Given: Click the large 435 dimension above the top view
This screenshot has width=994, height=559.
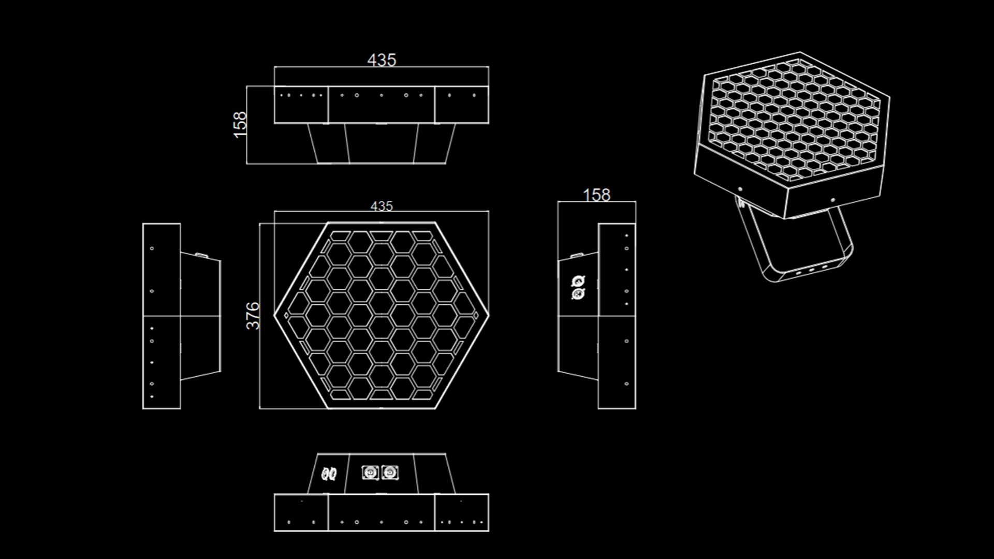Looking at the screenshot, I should point(382,60).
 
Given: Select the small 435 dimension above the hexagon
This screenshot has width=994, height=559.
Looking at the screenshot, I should point(382,206).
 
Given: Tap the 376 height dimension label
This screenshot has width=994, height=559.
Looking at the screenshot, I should point(253,316).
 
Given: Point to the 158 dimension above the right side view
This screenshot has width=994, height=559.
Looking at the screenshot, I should point(596,195).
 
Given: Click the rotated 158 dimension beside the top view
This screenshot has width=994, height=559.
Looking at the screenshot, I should point(240,125).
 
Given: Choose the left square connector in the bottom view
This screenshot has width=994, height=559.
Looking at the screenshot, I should point(369,473).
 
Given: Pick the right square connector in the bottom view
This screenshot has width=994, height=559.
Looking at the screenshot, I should point(390,473).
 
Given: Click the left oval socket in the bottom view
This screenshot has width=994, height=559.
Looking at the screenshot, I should point(325,474).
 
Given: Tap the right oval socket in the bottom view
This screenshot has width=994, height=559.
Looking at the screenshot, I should point(333,474).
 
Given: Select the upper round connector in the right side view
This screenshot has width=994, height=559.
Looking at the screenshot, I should point(578,282).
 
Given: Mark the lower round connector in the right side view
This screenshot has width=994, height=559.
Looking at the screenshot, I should point(578,294).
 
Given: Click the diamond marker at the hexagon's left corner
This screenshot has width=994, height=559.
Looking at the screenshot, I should point(286,315).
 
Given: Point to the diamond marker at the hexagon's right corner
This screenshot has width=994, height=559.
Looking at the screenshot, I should point(475,315).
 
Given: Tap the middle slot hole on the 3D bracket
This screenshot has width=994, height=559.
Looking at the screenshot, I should point(811,270).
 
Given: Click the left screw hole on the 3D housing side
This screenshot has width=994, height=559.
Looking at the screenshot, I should point(740,189).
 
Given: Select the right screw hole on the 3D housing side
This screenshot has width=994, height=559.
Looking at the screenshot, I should point(832,199).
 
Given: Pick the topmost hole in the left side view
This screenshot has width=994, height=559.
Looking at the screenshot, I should point(152,248).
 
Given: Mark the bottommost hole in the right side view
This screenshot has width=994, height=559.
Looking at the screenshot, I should point(626,384).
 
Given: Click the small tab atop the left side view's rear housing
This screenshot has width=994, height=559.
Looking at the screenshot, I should point(199,254).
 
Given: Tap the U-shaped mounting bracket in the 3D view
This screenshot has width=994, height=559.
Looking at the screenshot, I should point(797,248).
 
